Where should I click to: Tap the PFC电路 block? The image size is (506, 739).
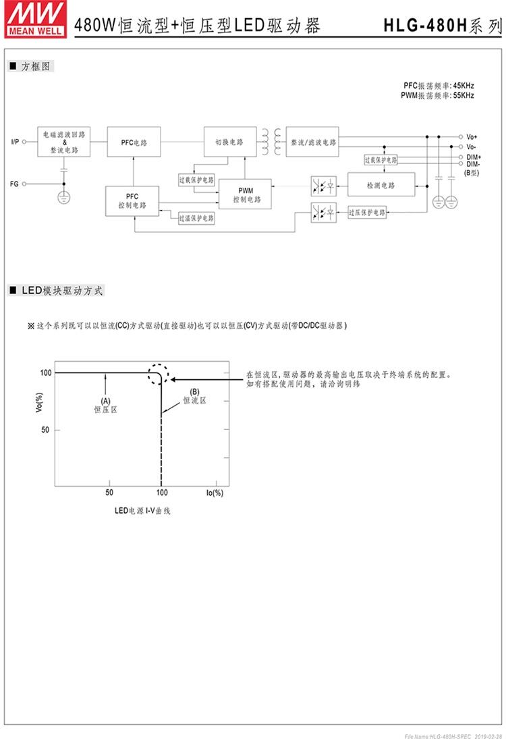(134, 142)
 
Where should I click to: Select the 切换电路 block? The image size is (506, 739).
(229, 142)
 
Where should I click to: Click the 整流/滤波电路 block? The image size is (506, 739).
(311, 142)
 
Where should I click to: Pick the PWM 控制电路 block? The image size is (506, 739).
(245, 195)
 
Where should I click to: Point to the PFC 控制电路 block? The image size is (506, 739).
(132, 200)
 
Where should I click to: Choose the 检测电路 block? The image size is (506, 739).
(381, 185)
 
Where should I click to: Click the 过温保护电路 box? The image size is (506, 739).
(196, 219)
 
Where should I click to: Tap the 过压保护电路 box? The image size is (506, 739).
(367, 213)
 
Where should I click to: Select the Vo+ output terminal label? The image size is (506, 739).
(472, 136)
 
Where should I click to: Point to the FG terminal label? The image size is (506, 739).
(15, 184)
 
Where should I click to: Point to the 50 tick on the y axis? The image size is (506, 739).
(45, 430)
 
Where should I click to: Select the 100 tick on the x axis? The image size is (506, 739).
(161, 493)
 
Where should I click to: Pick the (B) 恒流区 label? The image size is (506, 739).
(194, 396)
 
